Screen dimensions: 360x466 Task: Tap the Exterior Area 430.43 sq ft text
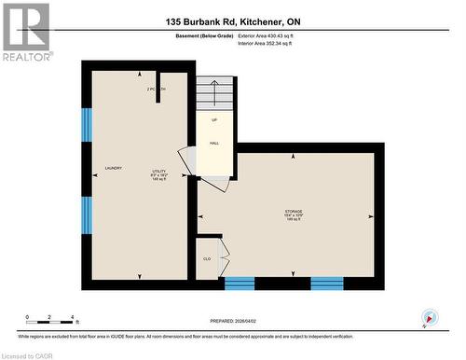tap(271, 35)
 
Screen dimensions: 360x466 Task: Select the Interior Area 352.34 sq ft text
tap(271, 43)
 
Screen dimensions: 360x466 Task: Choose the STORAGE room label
tap(294, 213)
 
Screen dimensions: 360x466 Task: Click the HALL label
tap(213, 143)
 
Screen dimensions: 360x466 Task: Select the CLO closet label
tap(207, 258)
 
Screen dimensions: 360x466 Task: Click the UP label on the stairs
tap(213, 120)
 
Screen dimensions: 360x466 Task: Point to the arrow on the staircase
tap(213, 92)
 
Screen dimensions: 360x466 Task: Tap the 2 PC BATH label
tap(156, 89)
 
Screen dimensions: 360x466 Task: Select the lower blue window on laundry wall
tap(87, 214)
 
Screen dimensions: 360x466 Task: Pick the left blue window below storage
tap(240, 283)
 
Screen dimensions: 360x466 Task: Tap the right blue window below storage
tap(326, 283)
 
